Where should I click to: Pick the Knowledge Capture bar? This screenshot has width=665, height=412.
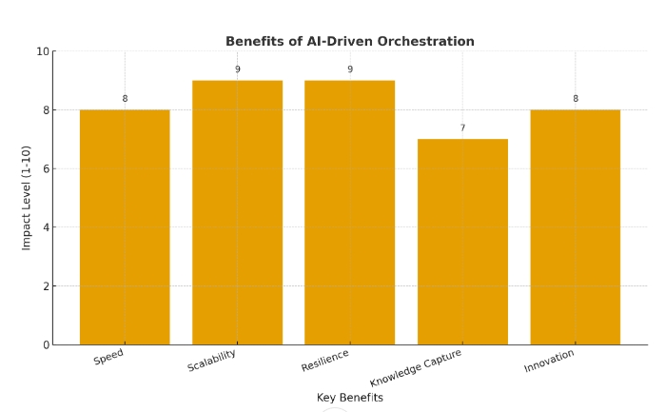462,242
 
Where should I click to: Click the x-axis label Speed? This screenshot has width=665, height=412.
109,357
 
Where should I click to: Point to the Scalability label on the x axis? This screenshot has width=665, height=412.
212,361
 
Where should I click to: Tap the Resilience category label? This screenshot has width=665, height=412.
325,361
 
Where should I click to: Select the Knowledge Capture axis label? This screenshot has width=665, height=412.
416,368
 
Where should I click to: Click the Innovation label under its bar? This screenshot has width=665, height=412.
550,361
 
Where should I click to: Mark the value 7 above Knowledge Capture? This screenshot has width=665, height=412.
462,128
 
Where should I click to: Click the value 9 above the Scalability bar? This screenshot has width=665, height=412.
237,69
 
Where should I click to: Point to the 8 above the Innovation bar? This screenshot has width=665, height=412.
575,99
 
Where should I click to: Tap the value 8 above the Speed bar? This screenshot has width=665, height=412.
125,99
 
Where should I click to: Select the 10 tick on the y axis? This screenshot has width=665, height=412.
42,51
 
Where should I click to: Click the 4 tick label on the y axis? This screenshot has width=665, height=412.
45,227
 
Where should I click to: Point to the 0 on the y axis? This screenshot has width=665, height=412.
45,344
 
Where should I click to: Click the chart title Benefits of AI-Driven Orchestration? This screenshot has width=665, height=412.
349,42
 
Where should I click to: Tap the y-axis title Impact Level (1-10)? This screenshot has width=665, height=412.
27,198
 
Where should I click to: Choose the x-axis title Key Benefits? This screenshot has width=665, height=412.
349,398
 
